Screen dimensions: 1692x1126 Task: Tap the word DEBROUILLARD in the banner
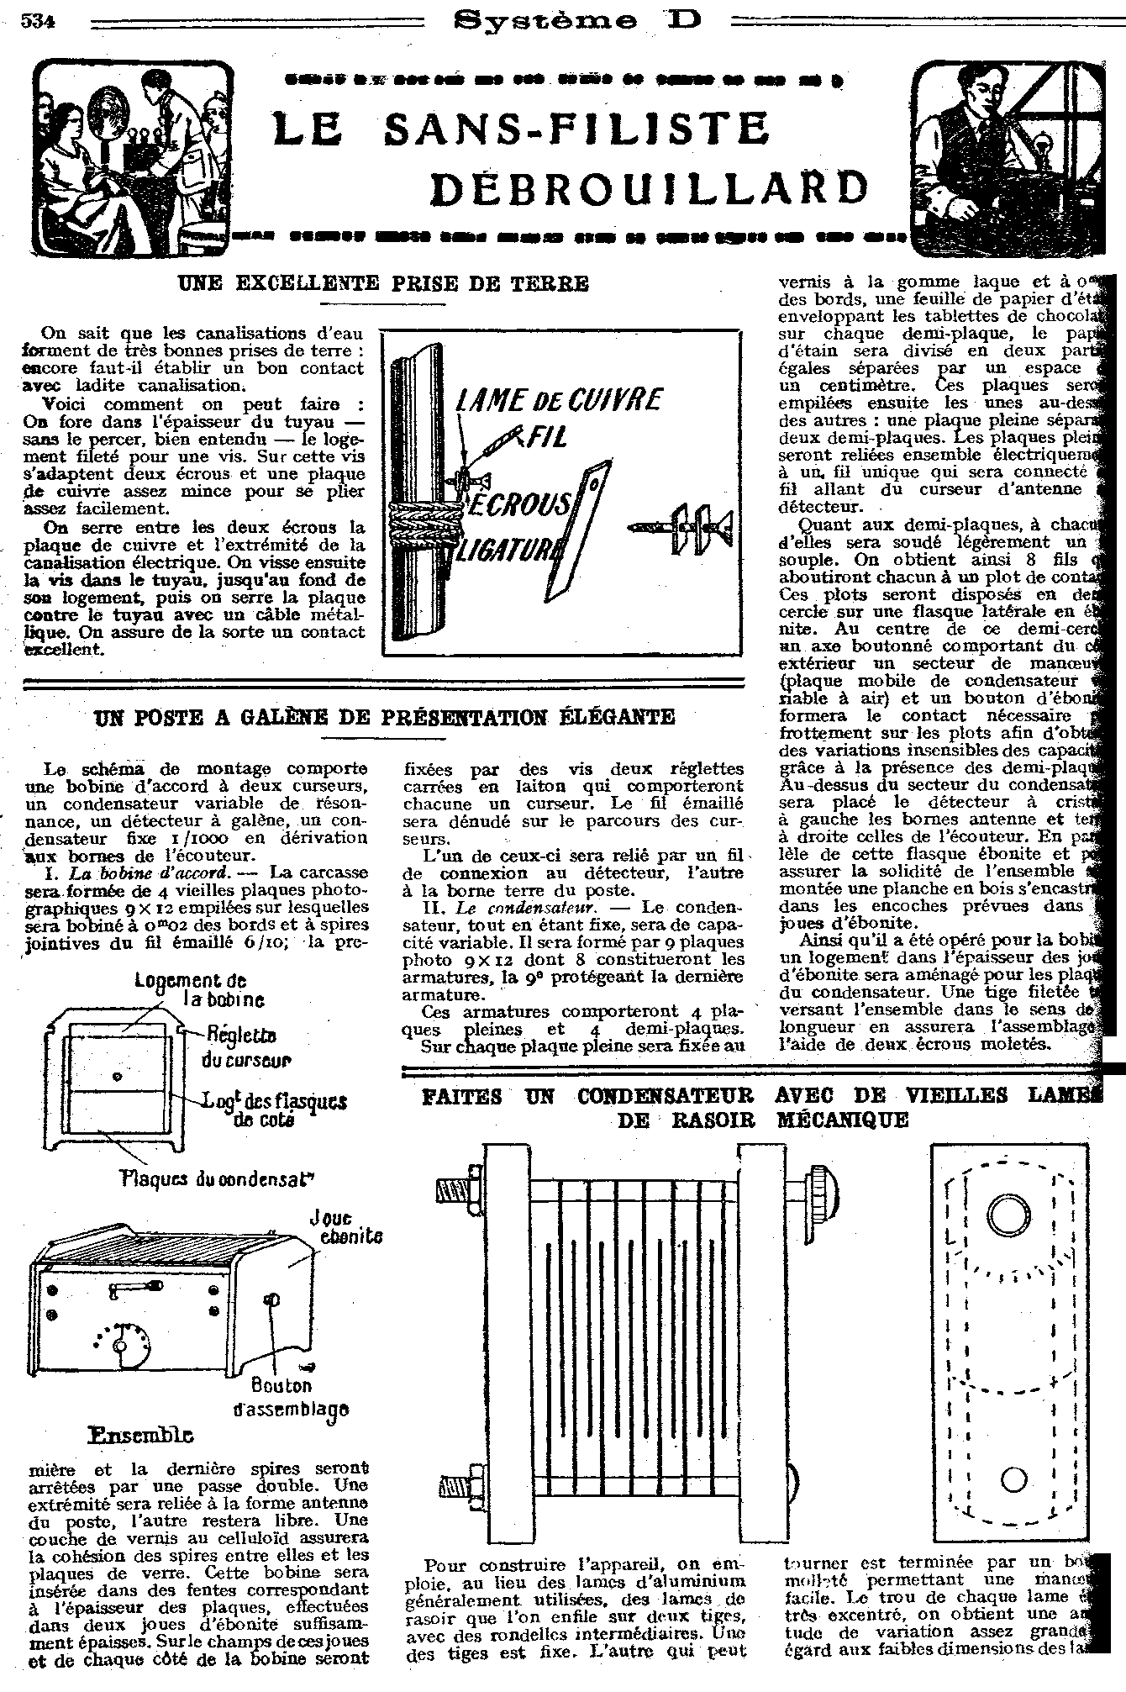649,189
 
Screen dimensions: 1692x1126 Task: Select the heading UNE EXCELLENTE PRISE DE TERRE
384,283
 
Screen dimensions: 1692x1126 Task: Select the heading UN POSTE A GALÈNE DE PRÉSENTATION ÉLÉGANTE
384,717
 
